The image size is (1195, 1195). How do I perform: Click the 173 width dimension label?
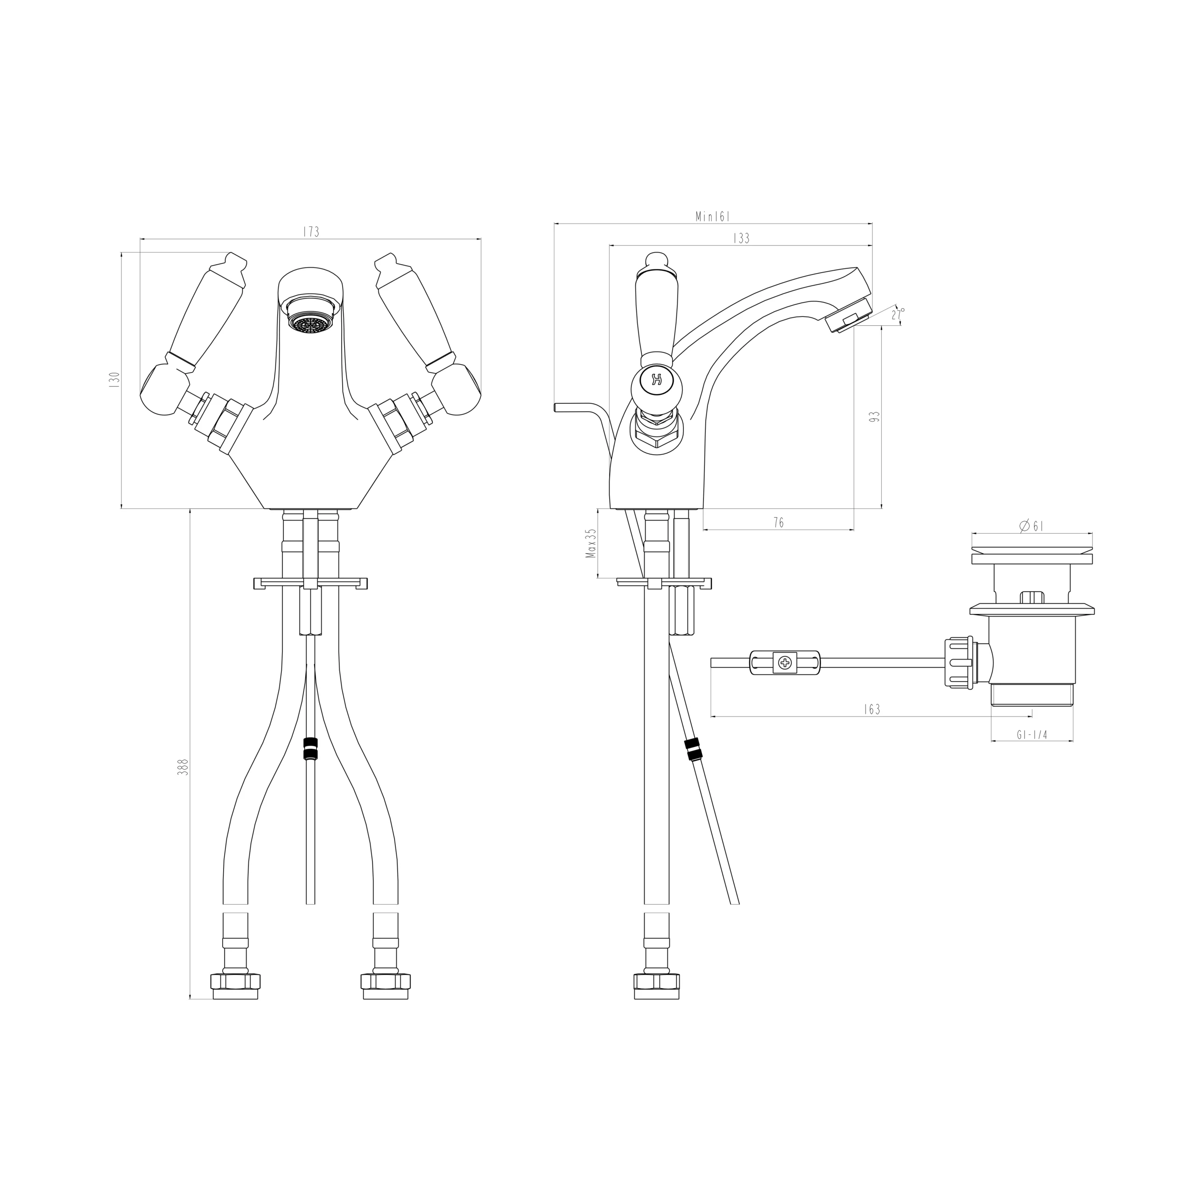(311, 232)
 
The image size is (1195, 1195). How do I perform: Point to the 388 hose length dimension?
(183, 767)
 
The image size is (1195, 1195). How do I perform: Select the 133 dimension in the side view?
(741, 238)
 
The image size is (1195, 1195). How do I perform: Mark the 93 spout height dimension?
(874, 416)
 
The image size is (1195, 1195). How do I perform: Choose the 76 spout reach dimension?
(779, 523)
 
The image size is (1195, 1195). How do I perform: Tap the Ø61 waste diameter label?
(1031, 526)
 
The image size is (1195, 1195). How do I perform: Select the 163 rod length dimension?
(872, 710)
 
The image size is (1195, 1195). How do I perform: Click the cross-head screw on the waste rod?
(785, 663)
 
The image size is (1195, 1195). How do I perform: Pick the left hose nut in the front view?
(235, 982)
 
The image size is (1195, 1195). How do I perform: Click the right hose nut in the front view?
(386, 982)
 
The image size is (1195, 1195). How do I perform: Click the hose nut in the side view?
(656, 982)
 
